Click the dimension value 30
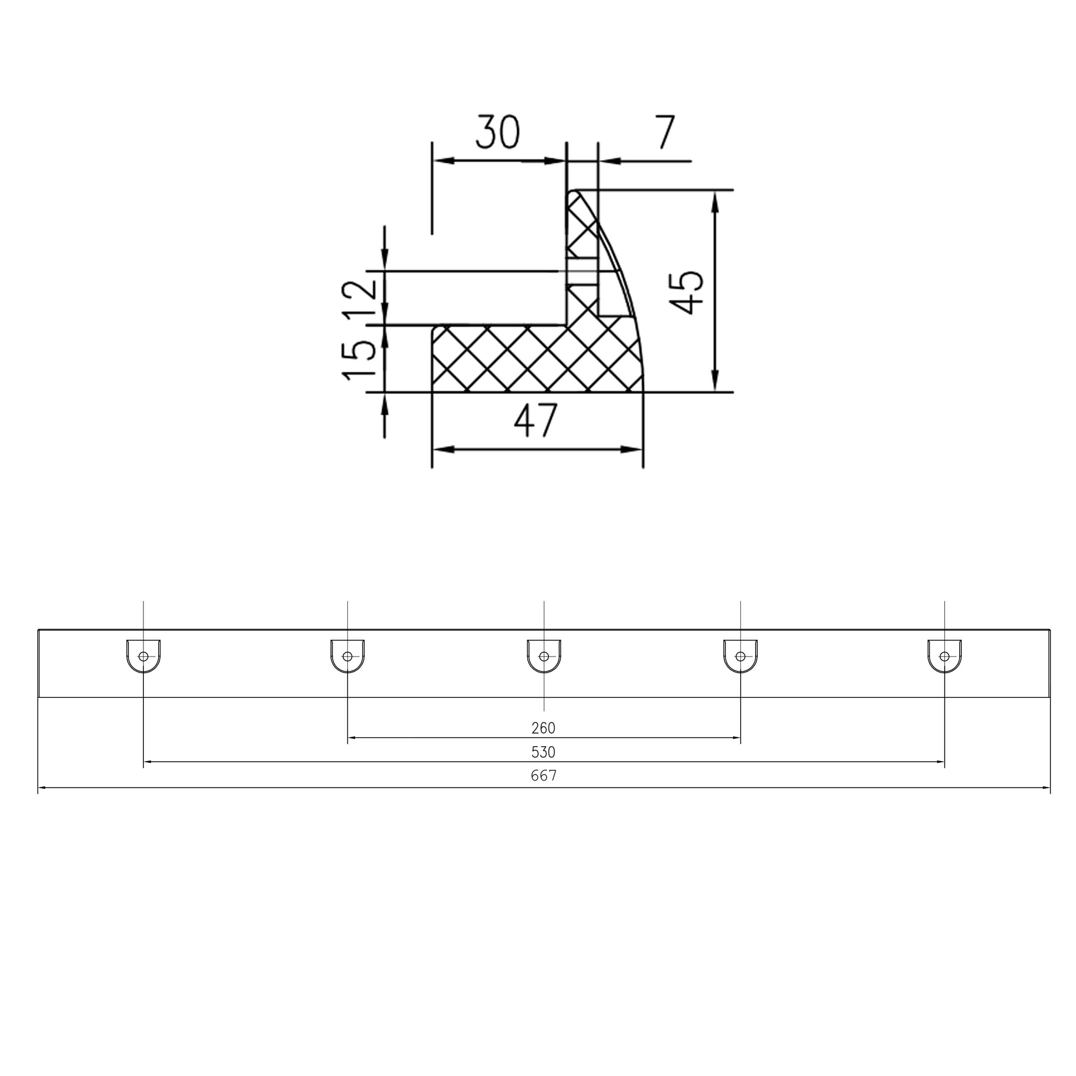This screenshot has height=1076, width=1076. click(497, 133)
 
